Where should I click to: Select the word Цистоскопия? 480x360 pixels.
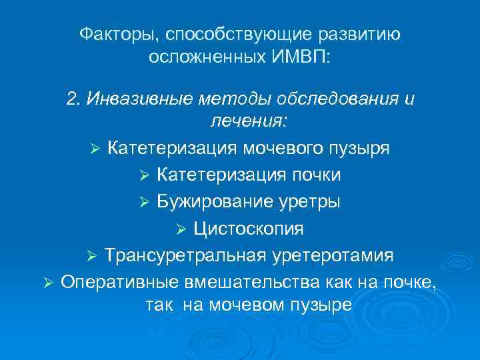point(249,229)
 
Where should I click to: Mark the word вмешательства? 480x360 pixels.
point(243,283)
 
